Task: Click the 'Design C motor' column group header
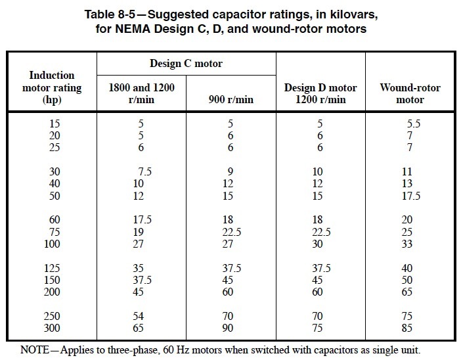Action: pyautogui.click(x=187, y=64)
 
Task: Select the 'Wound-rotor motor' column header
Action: pyautogui.click(x=410, y=93)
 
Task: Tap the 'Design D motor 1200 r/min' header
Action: pyautogui.click(x=320, y=93)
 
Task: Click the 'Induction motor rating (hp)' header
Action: pyautogui.click(x=53, y=87)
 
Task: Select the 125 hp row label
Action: pyautogui.click(x=53, y=268)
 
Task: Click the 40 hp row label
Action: pyautogui.click(x=54, y=183)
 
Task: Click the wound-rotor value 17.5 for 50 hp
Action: pyautogui.click(x=410, y=195)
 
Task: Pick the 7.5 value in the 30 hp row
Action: pyautogui.click(x=144, y=171)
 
